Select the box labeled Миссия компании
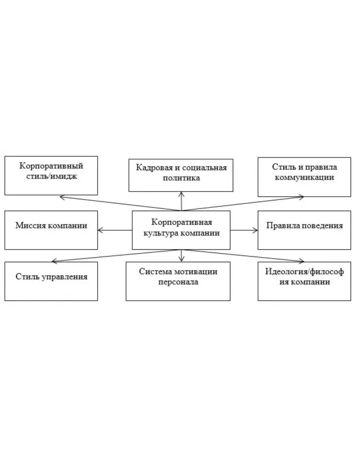[x=51, y=230]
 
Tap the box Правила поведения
[x=304, y=230]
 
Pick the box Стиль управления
[x=51, y=281]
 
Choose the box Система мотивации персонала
[x=178, y=281]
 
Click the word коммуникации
[x=304, y=177]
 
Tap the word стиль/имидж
[x=51, y=176]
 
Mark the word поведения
[x=323, y=226]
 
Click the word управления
[x=66, y=277]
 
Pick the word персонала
[x=178, y=283]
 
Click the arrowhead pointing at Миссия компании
[x=100, y=230]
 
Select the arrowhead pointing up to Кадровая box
[x=181, y=193]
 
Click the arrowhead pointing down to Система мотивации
[x=181, y=260]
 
